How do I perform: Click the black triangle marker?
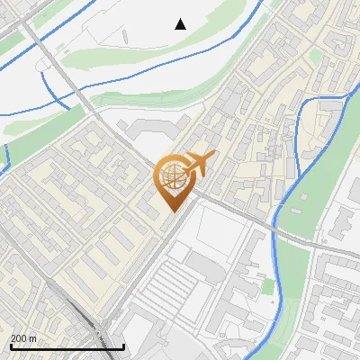[181, 24]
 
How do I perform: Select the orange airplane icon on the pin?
[199, 164]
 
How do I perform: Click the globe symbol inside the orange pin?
[174, 177]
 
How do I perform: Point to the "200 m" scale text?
[23, 338]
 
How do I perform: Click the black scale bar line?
[67, 346]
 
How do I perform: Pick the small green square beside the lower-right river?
[267, 287]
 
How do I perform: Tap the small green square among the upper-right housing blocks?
[316, 56]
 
